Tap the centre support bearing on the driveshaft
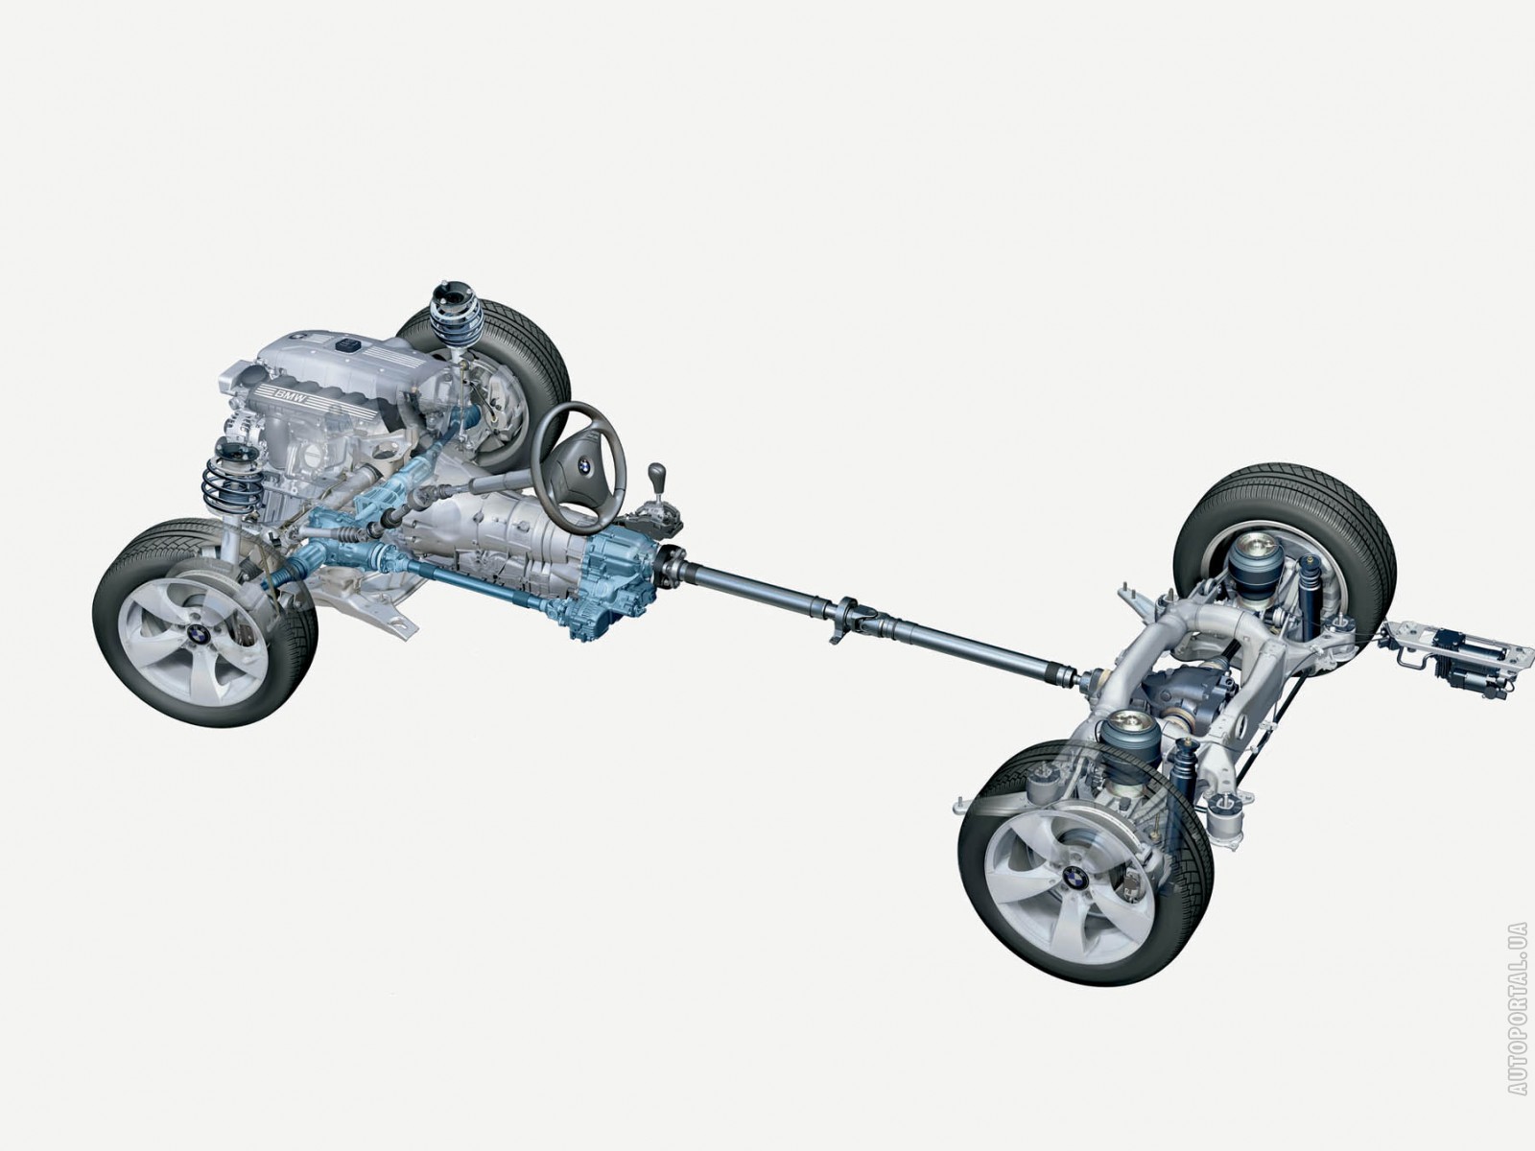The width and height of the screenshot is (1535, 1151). pos(848,621)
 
